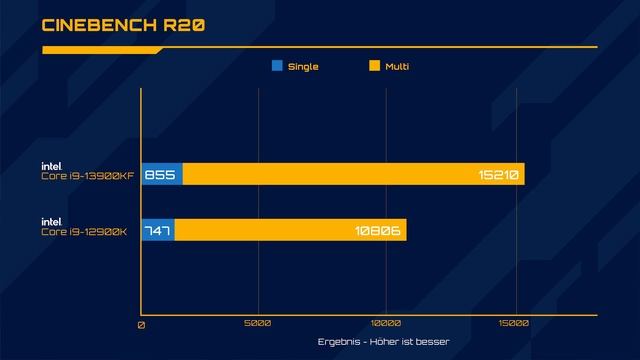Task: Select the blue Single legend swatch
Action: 277,67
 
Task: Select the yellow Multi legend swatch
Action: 375,67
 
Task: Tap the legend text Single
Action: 303,67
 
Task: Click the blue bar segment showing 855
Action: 161,175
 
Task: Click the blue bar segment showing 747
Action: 157,231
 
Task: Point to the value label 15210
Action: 497,175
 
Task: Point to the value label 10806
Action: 378,231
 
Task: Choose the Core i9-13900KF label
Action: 85,176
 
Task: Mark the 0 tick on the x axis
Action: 141,324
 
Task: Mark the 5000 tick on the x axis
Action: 258,324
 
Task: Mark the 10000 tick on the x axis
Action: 386,324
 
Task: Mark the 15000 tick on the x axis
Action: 514,324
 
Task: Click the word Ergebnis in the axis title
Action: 338,343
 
